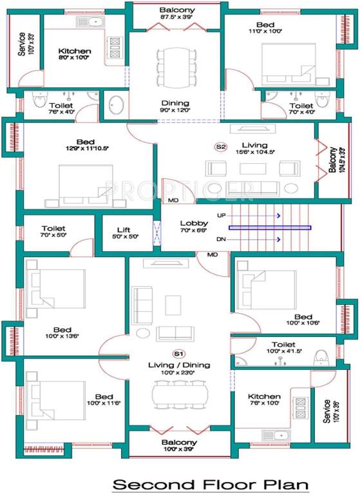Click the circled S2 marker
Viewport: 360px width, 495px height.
point(221,147)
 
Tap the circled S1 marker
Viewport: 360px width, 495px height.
point(178,354)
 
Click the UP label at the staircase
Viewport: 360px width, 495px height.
point(222,215)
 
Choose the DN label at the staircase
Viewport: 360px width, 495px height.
point(222,240)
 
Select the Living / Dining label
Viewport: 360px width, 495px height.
point(178,365)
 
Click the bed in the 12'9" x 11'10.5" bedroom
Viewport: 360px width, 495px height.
point(86,183)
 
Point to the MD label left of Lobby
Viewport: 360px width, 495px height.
point(173,200)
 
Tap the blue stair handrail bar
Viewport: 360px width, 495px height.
point(270,228)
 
